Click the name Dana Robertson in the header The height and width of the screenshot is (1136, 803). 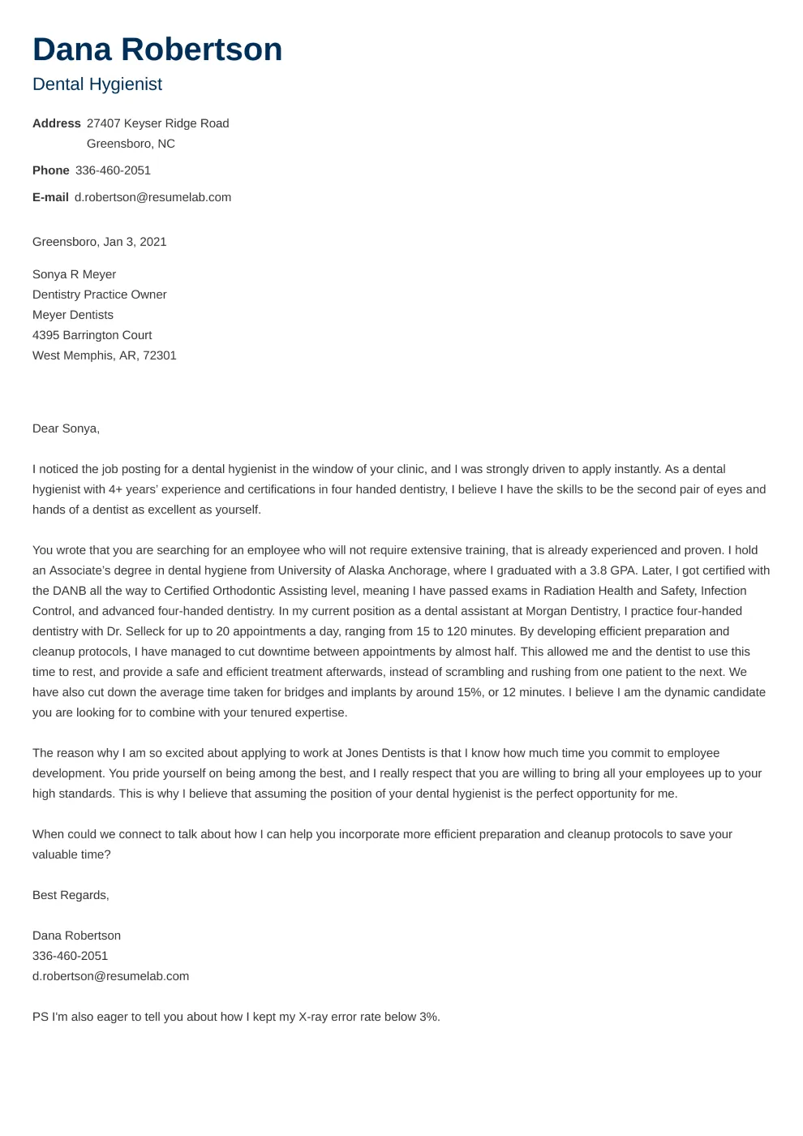157,50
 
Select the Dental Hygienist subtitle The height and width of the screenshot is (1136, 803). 97,84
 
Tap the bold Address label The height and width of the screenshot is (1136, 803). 57,123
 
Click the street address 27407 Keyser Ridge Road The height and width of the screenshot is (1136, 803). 157,123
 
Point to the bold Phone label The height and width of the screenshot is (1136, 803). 51,170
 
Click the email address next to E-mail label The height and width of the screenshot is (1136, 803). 152,197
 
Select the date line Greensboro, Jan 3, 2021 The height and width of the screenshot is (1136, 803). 99,242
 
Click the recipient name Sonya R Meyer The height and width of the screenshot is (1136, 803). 74,274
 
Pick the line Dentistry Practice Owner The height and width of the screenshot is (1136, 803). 99,295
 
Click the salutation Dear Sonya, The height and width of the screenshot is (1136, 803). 66,428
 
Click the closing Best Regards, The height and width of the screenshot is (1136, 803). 71,895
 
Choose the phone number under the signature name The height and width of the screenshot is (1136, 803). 70,956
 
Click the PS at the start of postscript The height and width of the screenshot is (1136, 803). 40,1017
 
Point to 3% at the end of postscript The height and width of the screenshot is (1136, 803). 428,1017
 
